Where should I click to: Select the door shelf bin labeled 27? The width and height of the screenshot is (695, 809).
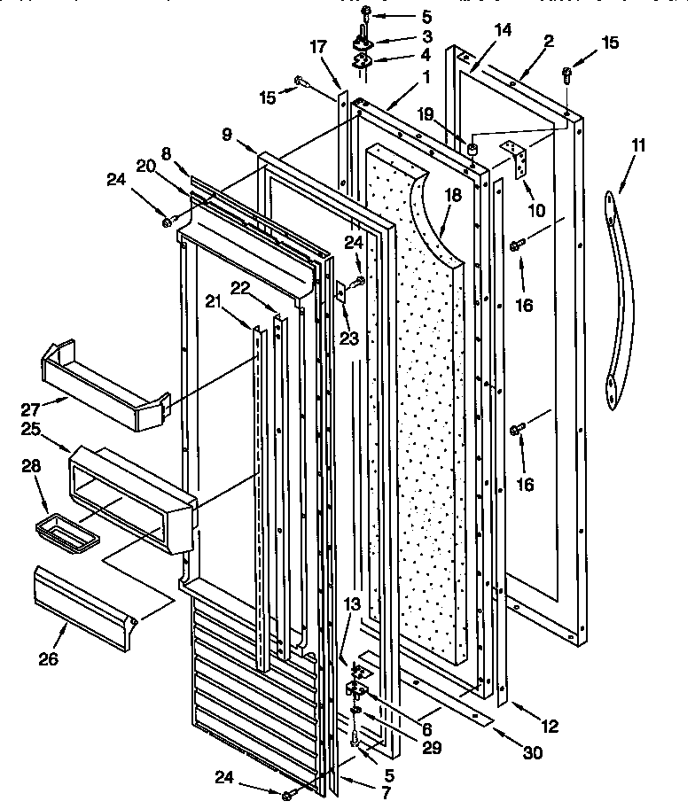click(101, 383)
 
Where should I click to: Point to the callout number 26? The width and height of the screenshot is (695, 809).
click(51, 660)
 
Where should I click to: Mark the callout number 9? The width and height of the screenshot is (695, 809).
click(228, 134)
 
